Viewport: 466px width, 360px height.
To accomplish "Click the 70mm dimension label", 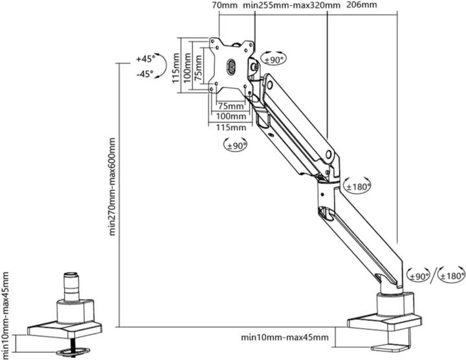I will (x=225, y=6).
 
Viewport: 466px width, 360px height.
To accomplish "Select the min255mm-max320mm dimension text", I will (x=292, y=6).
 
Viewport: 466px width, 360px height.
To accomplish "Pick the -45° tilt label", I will (x=144, y=74).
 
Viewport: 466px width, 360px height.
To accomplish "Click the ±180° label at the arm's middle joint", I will (x=357, y=186).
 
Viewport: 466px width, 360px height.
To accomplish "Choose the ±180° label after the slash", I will (x=451, y=276).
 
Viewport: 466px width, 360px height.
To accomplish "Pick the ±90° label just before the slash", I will (x=419, y=276).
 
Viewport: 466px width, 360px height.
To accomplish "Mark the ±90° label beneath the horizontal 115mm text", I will (x=236, y=146).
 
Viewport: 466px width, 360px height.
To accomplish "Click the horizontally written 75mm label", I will (x=230, y=106).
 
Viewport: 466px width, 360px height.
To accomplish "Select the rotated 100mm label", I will (x=187, y=67).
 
